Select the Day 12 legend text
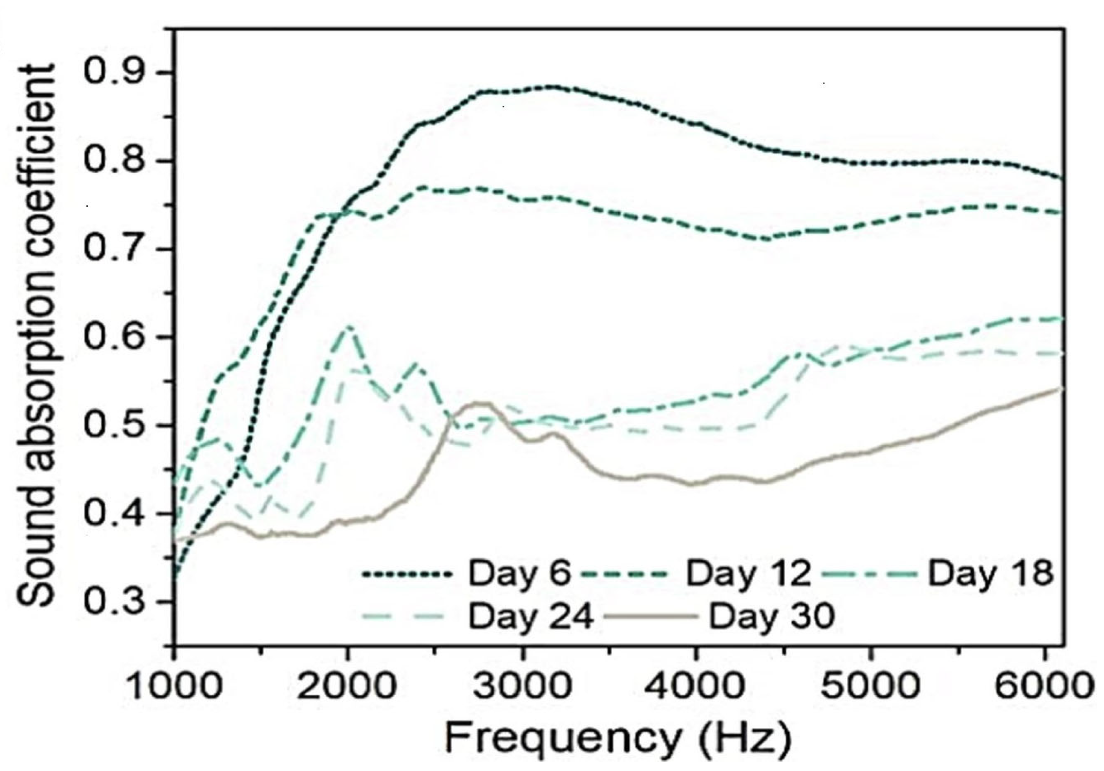click(x=748, y=574)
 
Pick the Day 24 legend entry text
click(x=530, y=616)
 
